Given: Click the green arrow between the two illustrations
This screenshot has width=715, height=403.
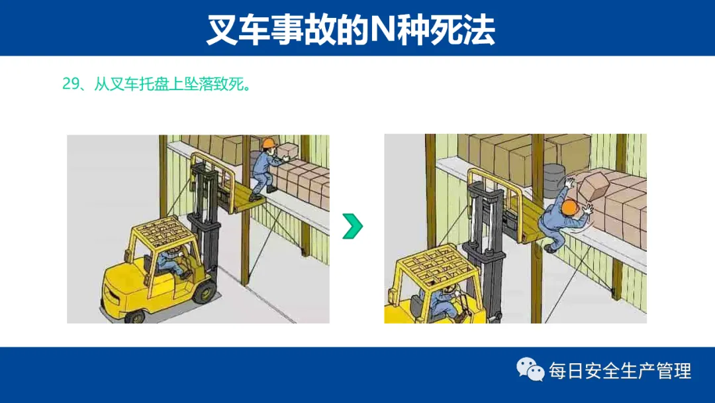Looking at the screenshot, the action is tap(352, 226).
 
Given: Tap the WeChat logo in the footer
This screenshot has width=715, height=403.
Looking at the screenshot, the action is tap(530, 369).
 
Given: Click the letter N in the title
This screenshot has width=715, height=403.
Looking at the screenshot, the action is tap(383, 30).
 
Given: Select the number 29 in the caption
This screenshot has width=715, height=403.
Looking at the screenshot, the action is tap(71, 84).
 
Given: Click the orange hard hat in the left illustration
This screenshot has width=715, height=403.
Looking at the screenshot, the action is tap(269, 143).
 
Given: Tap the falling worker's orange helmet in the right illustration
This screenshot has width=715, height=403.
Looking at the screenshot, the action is tap(570, 207).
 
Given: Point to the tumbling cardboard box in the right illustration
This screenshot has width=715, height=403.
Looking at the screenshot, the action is tap(596, 185).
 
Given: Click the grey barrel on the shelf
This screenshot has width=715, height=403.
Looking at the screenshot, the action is tap(554, 180).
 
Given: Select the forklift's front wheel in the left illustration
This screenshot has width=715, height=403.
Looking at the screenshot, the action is tap(205, 292).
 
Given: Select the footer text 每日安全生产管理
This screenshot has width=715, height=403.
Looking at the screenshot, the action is tap(620, 371).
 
